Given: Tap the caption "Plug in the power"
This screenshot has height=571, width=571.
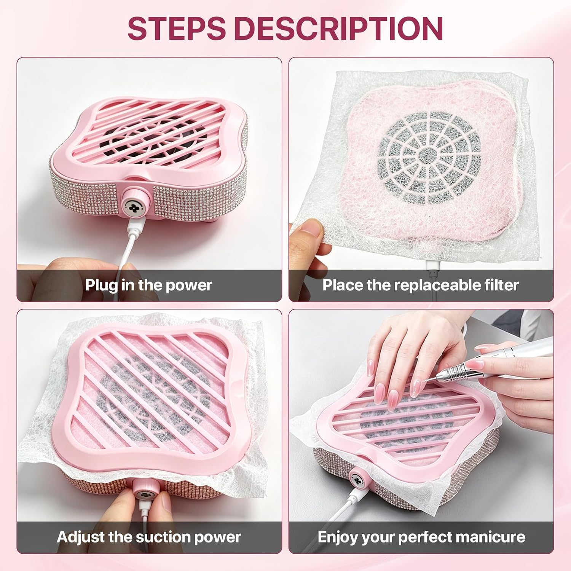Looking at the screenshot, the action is point(148,285).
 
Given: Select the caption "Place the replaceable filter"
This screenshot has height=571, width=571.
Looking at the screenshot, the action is point(421,285).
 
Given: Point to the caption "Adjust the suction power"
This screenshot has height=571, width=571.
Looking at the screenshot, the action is point(149,537).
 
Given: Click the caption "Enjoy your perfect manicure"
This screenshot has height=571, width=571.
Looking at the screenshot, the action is point(421,537).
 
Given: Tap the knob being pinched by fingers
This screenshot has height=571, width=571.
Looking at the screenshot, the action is point(145,495).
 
